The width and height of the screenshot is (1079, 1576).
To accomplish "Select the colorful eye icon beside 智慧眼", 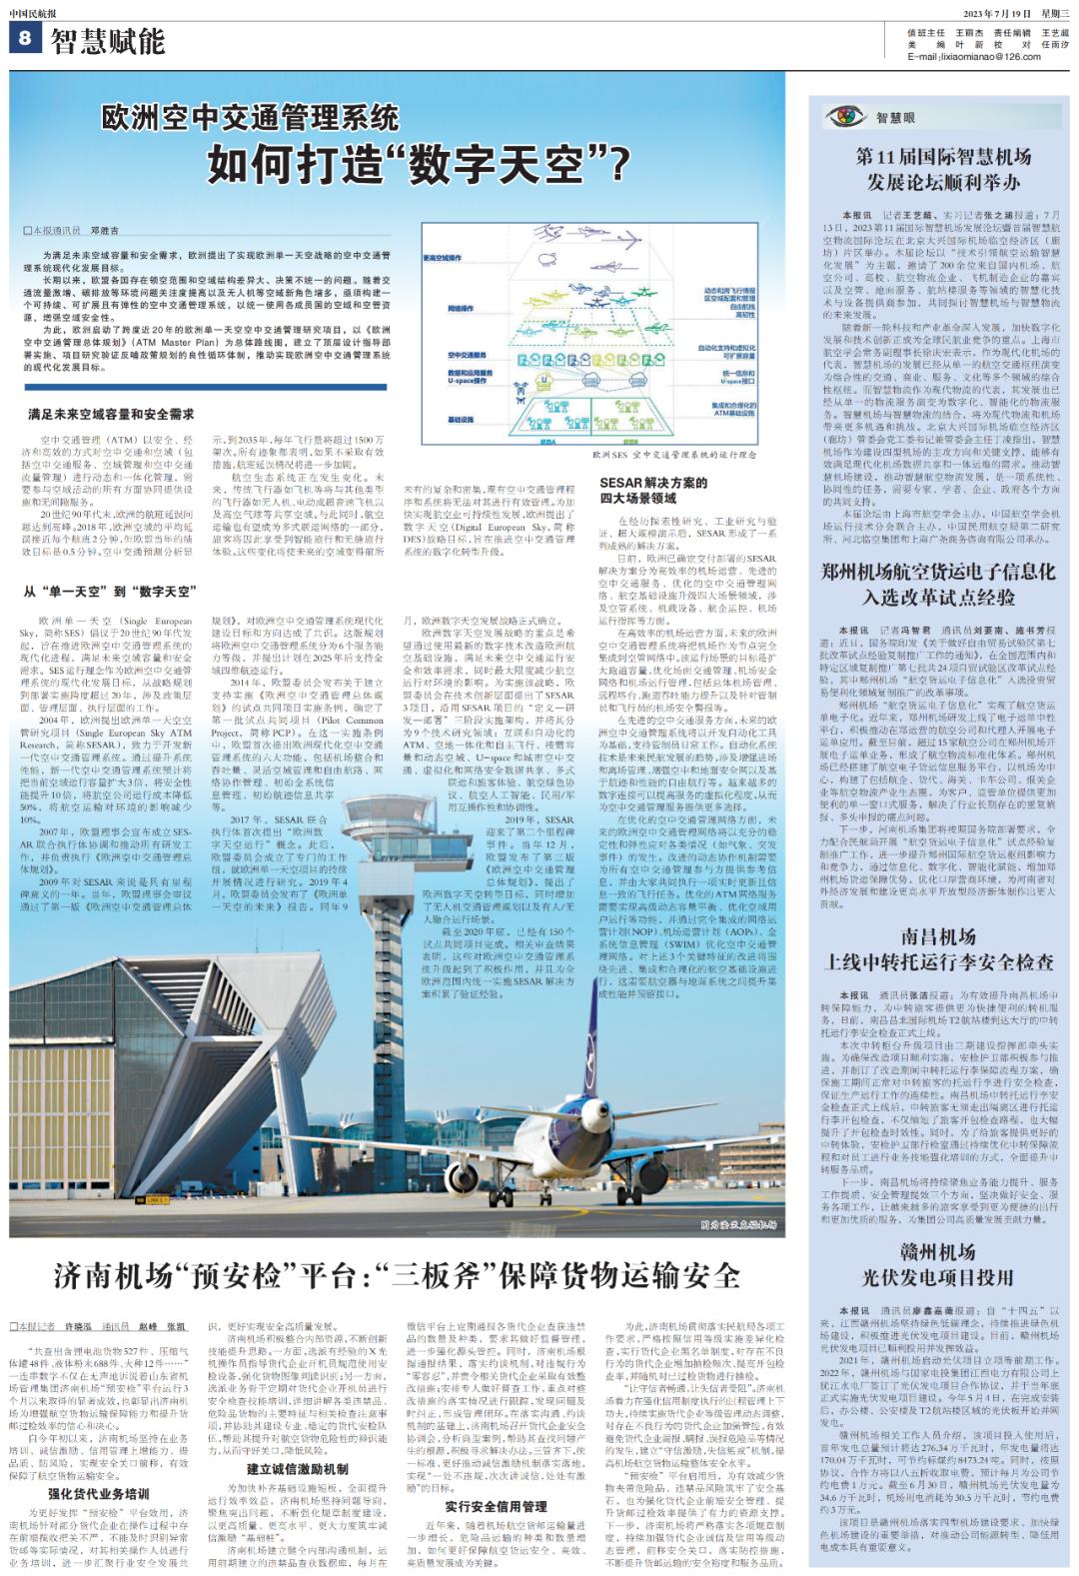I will point(844,116).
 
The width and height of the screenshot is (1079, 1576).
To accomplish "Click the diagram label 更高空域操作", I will point(442,259).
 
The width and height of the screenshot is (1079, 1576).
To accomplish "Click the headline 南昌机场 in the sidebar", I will point(937,936).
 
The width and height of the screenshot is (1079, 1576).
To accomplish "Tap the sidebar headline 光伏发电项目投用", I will point(937,1277).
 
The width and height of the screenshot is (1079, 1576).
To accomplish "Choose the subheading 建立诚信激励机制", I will point(298,1469).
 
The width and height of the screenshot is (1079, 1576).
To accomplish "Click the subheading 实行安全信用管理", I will point(496,1506).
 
